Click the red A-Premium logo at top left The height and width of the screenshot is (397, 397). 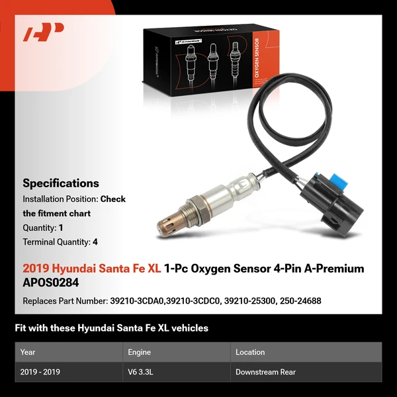pyautogui.click(x=43, y=31)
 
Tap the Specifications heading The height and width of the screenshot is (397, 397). pyautogui.click(x=61, y=183)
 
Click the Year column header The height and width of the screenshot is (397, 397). pyautogui.click(x=28, y=352)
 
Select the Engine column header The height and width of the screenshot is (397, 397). pyautogui.click(x=140, y=352)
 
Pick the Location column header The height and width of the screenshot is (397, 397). pyautogui.click(x=250, y=352)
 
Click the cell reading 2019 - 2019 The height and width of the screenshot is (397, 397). pyautogui.click(x=40, y=372)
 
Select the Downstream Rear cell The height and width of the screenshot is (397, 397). pyautogui.click(x=265, y=372)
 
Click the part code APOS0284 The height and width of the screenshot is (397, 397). pyautogui.click(x=51, y=281)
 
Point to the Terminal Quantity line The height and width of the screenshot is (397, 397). pyautogui.click(x=60, y=242)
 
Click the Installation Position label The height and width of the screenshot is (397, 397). pyautogui.click(x=60, y=198)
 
